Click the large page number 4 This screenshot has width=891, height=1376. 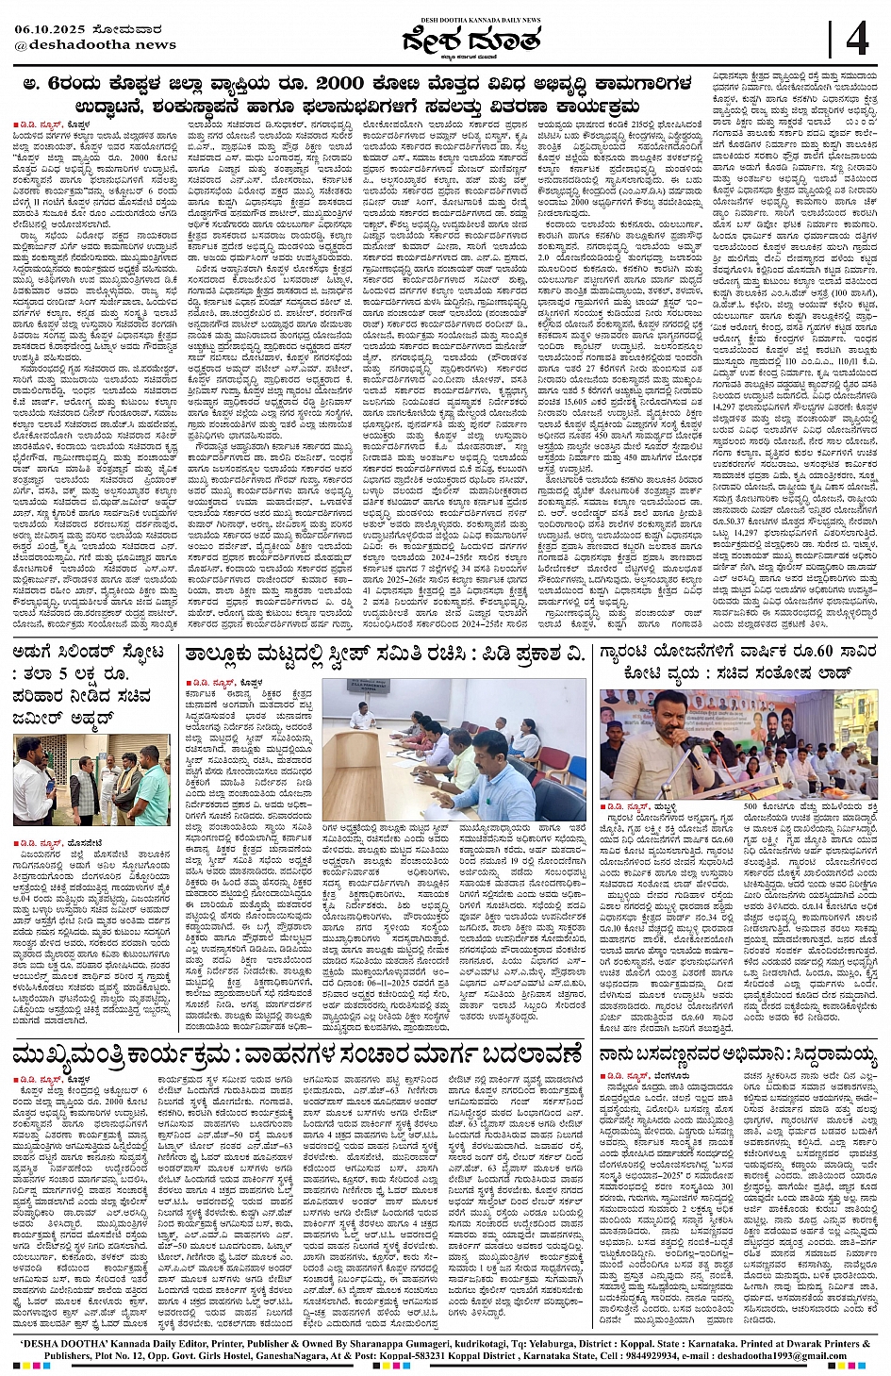857,41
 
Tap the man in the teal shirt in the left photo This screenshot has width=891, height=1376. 151,784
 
